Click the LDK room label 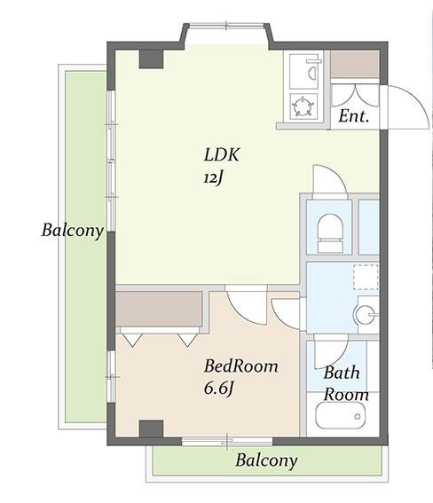222,154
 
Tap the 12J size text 213,177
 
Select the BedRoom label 240,366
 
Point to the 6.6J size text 218,389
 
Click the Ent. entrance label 354,116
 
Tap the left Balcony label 73,231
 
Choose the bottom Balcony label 266,460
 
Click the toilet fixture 330,233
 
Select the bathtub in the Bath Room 340,415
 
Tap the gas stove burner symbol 303,106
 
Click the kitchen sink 304,72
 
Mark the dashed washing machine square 366,277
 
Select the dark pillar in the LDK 151,59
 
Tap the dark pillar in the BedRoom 151,428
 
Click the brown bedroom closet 159,309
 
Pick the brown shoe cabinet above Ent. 355,64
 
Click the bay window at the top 226,26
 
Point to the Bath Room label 346,383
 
